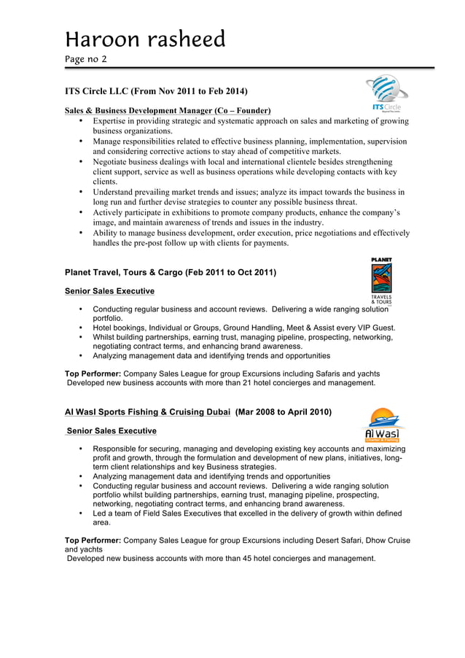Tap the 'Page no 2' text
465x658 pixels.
coord(85,58)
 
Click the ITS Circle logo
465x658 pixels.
coord(386,93)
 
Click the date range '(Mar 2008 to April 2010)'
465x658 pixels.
coord(284,412)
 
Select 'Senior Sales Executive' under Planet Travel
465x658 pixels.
coord(109,291)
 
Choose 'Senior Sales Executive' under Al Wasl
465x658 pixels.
coord(112,431)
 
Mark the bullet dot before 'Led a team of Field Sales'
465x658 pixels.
coord(79,514)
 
